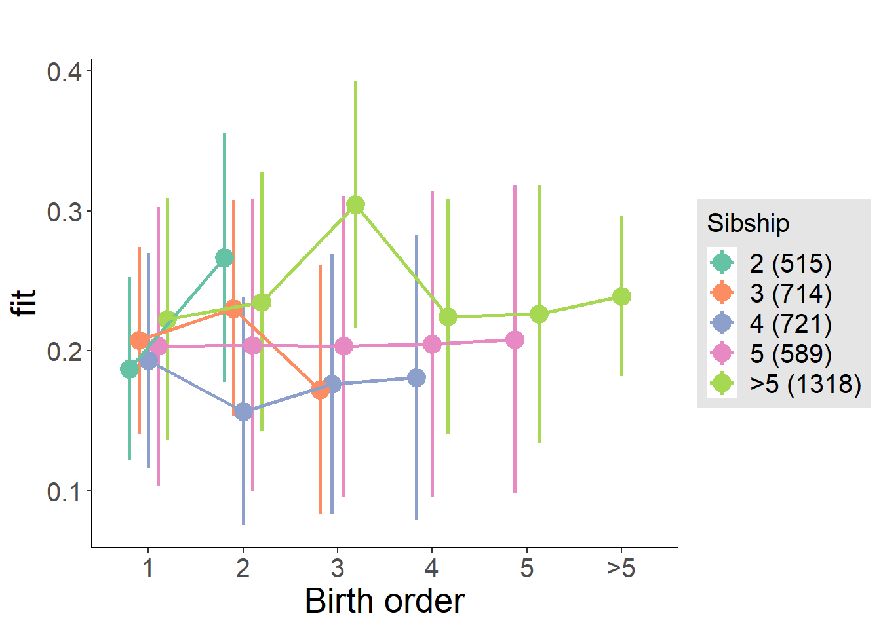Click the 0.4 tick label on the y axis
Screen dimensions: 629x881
pos(64,71)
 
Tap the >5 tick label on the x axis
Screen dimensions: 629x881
pos(621,568)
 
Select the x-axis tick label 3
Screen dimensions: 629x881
pos(337,568)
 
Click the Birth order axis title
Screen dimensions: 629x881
pos(384,601)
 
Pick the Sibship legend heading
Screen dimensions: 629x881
pos(748,223)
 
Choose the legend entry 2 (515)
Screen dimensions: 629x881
pos(791,263)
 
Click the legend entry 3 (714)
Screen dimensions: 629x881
pos(791,293)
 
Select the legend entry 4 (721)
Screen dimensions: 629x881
pos(791,323)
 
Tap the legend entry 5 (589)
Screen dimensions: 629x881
pos(791,353)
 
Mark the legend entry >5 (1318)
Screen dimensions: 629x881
pos(805,383)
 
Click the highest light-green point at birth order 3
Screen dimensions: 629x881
pos(355,205)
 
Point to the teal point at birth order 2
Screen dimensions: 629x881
pos(224,257)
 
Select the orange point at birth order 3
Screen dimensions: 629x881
pos(320,390)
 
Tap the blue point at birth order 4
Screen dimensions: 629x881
pos(416,377)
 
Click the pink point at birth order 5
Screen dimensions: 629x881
pos(515,339)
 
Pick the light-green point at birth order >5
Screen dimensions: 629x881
pos(621,296)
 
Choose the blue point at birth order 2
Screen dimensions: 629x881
pos(243,411)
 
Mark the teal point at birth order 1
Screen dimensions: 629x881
pos(129,369)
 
